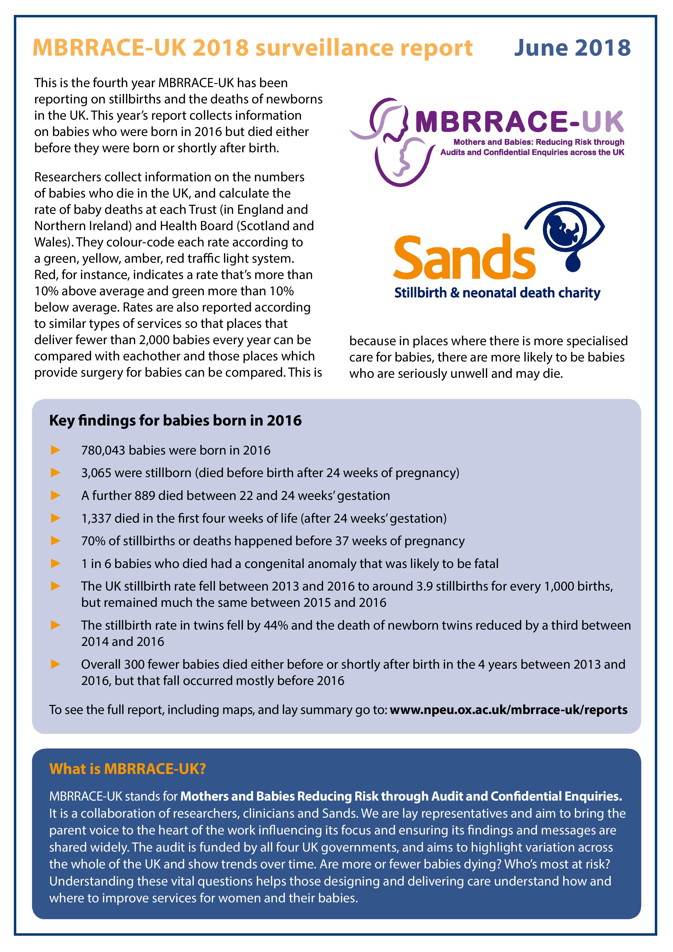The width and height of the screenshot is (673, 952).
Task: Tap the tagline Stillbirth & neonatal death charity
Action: click(497, 293)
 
